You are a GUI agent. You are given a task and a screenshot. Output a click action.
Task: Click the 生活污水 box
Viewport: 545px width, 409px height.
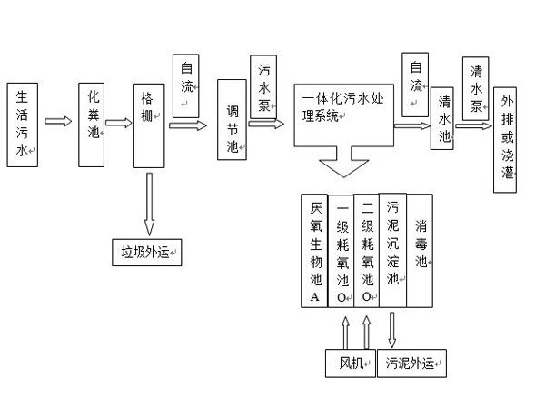click(23, 123)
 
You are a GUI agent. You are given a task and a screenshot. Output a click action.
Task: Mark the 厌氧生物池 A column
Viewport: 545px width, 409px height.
click(314, 251)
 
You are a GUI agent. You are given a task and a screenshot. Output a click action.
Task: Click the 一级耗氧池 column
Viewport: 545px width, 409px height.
click(341, 251)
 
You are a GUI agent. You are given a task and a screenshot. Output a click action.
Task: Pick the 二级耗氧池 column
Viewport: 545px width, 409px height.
click(366, 251)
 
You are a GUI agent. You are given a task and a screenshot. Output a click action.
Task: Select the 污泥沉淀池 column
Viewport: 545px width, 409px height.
click(392, 251)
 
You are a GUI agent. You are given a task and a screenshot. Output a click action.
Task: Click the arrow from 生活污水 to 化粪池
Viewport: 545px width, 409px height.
click(58, 121)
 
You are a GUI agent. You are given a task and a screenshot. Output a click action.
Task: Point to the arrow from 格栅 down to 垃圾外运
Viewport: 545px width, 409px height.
click(148, 204)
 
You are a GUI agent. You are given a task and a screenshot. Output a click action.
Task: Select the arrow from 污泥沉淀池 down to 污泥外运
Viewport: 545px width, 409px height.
click(392, 329)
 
